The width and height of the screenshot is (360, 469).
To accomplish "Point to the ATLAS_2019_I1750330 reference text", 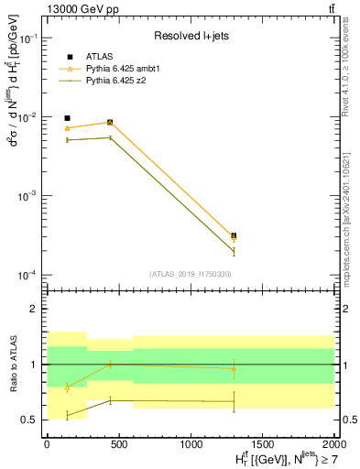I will click(189, 274).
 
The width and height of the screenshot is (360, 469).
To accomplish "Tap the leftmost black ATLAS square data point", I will click(67, 118).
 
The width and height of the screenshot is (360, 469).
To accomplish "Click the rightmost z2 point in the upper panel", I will click(234, 251).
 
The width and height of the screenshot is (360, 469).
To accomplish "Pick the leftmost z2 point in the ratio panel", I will click(67, 416).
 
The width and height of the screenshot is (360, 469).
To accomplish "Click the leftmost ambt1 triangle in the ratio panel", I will click(67, 387).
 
